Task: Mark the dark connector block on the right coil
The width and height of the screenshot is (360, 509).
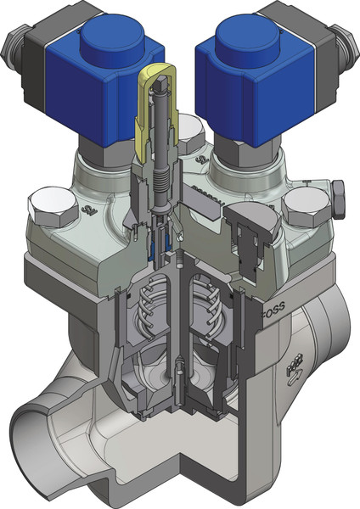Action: tap(306, 34)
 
